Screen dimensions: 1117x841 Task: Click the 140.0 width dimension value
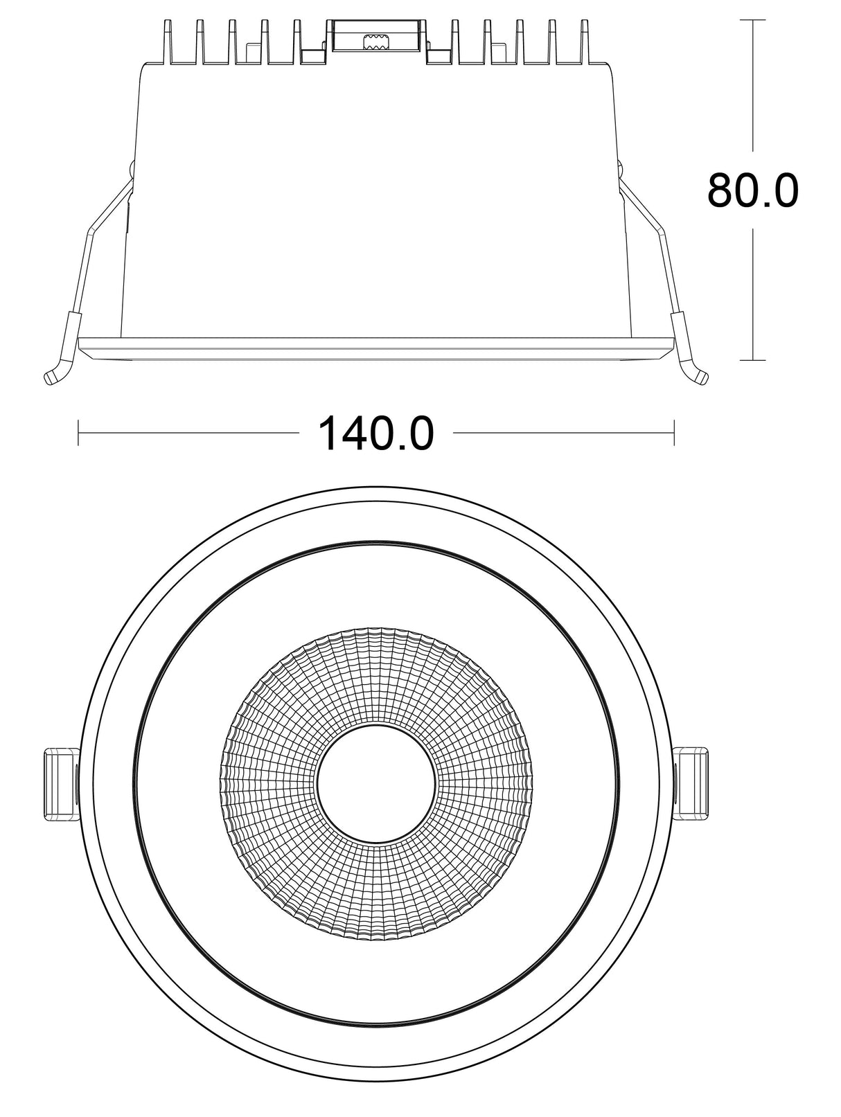coord(375,434)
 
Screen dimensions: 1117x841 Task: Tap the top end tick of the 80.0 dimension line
coord(752,21)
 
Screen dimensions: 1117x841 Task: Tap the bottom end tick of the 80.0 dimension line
coord(752,360)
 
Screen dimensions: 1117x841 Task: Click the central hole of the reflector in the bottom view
coord(376,785)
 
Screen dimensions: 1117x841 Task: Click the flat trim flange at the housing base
coord(376,348)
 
